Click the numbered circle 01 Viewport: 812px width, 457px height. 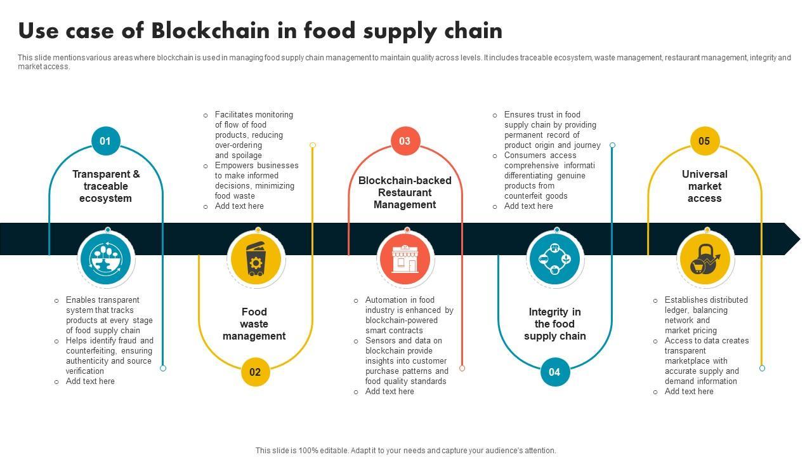[x=105, y=141]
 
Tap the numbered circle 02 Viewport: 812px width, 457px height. [x=255, y=372]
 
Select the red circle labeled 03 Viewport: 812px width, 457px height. [x=405, y=141]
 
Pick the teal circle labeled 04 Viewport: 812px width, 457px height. [x=554, y=372]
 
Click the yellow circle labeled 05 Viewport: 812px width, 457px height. [x=704, y=141]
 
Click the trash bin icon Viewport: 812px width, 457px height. [x=256, y=259]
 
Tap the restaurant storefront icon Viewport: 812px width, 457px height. [x=405, y=259]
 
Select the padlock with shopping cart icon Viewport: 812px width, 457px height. [x=705, y=260]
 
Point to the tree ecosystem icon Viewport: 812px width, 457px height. [x=105, y=259]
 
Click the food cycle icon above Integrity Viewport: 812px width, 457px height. [x=554, y=259]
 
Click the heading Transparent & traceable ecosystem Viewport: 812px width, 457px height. [x=106, y=186]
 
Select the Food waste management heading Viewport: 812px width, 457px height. [x=254, y=324]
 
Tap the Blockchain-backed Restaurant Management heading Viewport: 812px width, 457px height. [x=405, y=192]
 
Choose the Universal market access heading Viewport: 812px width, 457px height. [x=704, y=186]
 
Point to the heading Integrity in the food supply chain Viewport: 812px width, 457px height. [x=554, y=324]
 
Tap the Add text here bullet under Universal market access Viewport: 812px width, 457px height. [x=689, y=392]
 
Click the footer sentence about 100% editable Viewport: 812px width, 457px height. [x=406, y=451]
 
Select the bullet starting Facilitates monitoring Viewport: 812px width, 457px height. [x=254, y=135]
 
